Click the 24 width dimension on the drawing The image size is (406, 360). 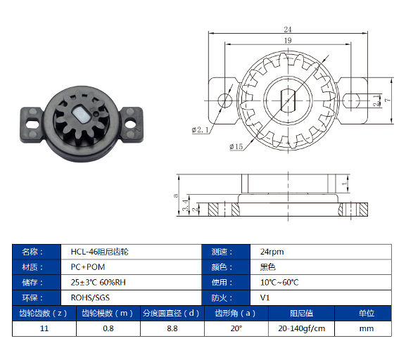pyautogui.click(x=287, y=30)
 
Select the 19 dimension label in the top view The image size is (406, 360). pyautogui.click(x=287, y=41)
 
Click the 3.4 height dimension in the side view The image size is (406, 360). pyautogui.click(x=185, y=205)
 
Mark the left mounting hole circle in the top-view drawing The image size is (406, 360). pyautogui.click(x=224, y=98)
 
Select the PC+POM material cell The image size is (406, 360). pyautogui.click(x=84, y=267)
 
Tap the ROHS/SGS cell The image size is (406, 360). pyautogui.click(x=86, y=298)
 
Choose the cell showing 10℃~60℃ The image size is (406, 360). pyautogui.click(x=279, y=283)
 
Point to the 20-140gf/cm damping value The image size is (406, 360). pyautogui.click(x=301, y=328)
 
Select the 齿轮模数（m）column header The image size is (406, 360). pyautogui.click(x=106, y=314)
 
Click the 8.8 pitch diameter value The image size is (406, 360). pyautogui.click(x=171, y=328)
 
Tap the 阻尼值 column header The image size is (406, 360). pyautogui.click(x=301, y=314)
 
